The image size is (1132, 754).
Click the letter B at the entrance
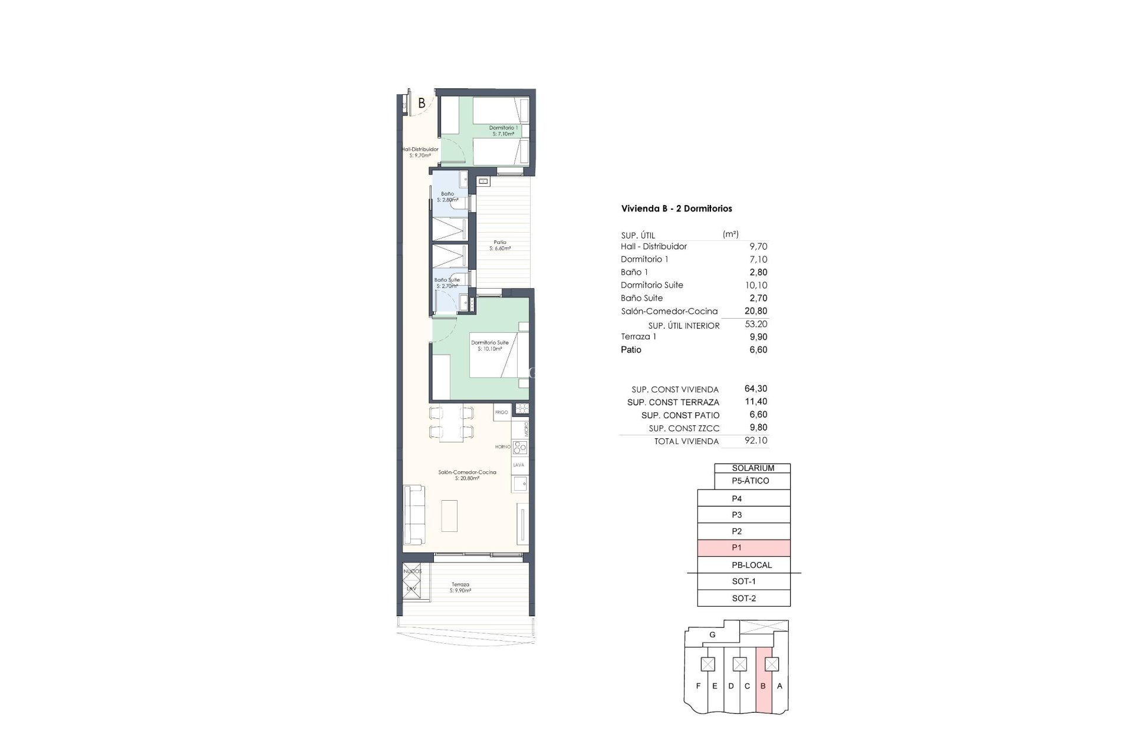click(x=422, y=103)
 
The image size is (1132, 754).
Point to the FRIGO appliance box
click(x=502, y=412)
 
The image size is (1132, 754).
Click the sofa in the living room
click(x=413, y=515)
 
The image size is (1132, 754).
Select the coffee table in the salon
click(x=449, y=516)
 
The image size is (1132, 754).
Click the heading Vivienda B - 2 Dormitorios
click(x=676, y=209)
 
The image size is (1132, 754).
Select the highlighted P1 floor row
click(x=743, y=548)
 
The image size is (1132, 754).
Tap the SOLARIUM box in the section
click(x=752, y=468)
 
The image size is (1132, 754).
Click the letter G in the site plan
click(x=712, y=635)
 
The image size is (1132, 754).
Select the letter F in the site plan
click(x=698, y=686)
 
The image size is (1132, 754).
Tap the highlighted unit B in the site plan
click(x=763, y=686)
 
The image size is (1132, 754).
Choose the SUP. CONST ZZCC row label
click(x=684, y=428)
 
